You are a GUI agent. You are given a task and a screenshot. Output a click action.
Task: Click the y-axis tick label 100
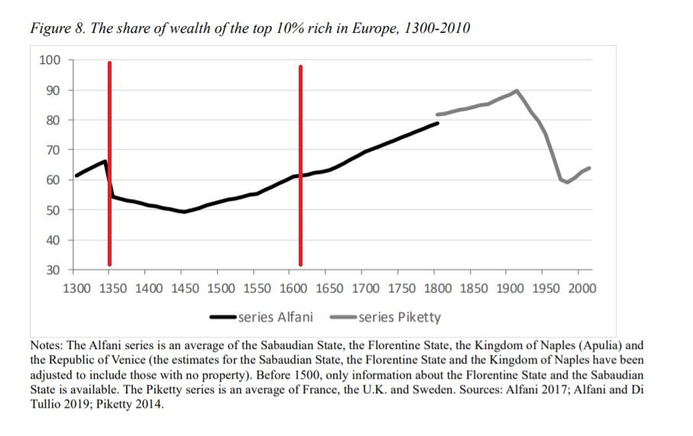50,60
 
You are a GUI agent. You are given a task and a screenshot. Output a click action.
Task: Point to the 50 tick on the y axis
53,210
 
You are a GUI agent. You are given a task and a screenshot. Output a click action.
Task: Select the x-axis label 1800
436,289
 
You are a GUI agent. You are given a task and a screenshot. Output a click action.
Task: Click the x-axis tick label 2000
581,289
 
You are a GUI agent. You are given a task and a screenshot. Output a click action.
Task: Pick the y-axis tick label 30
53,270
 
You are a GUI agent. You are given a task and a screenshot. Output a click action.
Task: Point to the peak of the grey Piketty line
517,91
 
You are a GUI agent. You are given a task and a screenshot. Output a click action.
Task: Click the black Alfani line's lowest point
183,212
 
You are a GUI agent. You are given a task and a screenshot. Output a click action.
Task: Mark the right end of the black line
439,123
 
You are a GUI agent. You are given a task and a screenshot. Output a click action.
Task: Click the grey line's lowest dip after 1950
566,182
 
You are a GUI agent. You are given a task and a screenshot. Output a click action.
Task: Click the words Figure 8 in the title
55,29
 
